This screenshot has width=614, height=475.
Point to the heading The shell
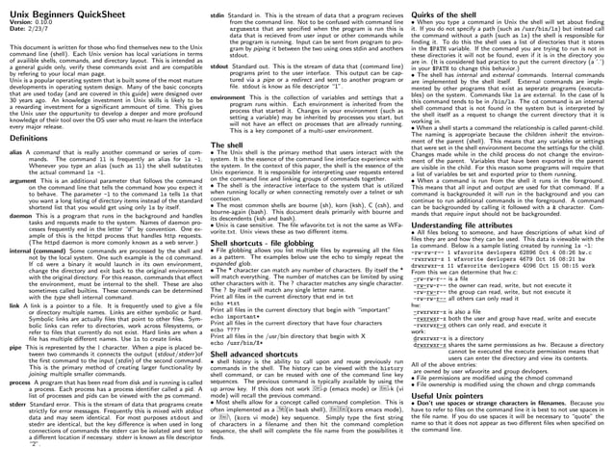point(228,143)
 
